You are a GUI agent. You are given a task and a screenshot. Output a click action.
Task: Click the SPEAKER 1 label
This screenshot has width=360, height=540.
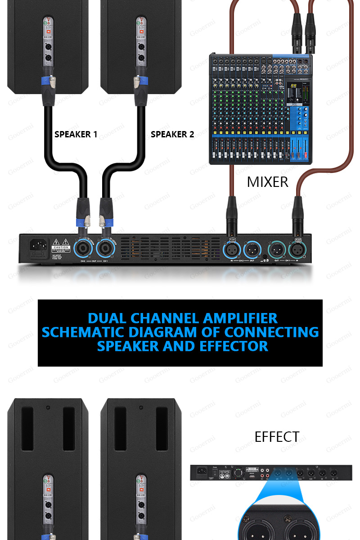coord(76,134)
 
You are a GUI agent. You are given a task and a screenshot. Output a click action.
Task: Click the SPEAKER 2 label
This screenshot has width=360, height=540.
coord(172,134)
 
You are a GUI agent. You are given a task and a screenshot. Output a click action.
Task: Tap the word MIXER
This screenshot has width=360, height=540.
coord(267,182)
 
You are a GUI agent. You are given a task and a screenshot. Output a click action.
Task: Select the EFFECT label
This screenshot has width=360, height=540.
coord(277,437)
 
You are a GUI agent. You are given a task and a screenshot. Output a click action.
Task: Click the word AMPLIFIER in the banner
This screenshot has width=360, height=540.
coord(240,318)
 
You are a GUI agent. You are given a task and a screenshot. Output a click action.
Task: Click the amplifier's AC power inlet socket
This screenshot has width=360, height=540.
coord(38,245)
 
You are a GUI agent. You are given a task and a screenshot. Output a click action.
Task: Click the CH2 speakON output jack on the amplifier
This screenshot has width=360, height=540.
coord(83,248)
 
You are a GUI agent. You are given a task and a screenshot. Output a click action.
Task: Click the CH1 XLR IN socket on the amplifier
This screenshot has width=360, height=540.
coord(297,249)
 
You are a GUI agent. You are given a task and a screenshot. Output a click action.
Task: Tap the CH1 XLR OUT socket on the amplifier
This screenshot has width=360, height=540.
coord(276,249)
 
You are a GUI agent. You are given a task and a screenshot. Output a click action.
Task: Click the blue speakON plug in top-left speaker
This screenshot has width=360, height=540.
coord(47,81)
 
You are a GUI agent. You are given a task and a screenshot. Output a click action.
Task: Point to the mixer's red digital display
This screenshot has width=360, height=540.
coord(293,86)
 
